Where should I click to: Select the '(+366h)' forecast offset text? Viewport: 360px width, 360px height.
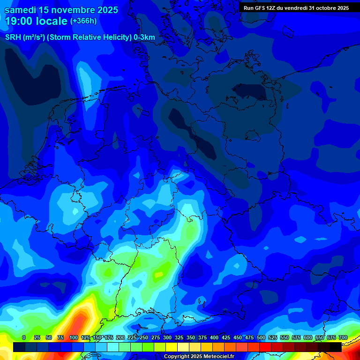coord(83,21)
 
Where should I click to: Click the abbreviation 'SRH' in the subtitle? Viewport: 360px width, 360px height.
coord(13,37)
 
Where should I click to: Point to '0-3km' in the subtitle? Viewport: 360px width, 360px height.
coord(144,37)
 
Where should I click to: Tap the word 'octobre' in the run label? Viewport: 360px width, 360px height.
coord(323,8)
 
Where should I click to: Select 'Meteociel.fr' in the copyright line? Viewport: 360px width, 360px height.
coord(218,357)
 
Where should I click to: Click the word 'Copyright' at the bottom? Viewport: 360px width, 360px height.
coord(176,357)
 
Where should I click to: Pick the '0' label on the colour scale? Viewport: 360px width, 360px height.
coord(24,337)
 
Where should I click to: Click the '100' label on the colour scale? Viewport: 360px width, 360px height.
coord(74,337)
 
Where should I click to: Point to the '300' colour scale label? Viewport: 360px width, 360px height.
coord(167,337)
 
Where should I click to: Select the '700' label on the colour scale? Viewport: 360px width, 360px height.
coord(343,337)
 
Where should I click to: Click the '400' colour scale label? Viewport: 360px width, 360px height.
coord(214,337)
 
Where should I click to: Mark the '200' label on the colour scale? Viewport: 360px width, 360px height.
coord(120,337)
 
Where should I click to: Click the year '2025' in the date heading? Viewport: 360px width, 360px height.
coord(106,9)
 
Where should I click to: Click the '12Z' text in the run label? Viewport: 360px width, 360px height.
coord(271,8)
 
